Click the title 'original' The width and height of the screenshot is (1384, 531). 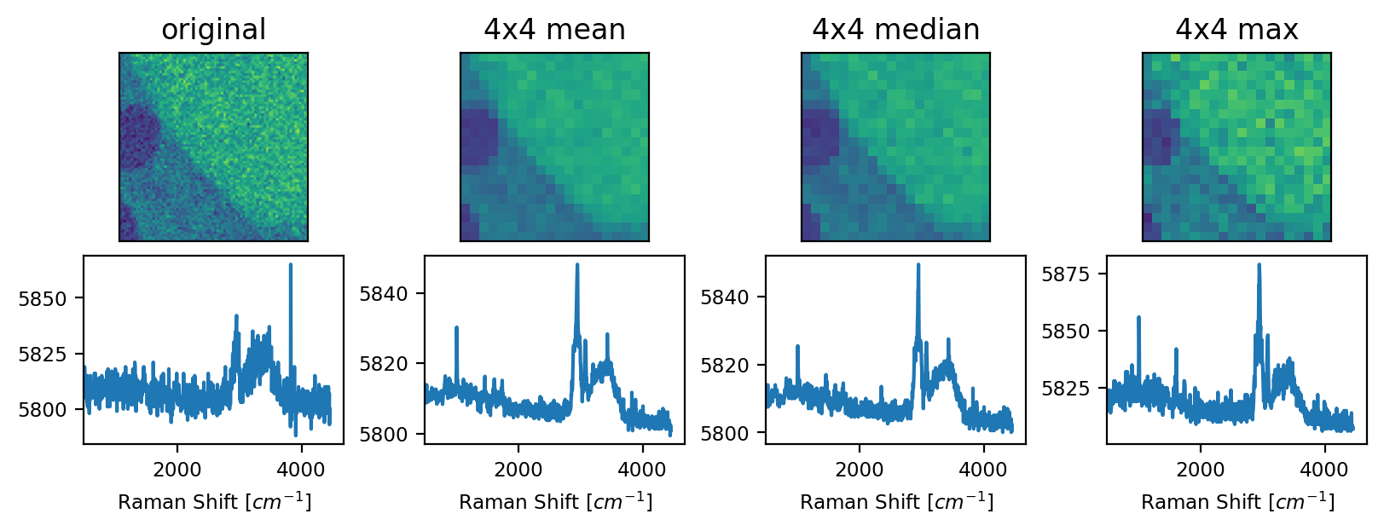pos(213,30)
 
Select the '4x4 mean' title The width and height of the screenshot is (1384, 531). pos(554,30)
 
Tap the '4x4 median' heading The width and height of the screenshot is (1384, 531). pos(895,30)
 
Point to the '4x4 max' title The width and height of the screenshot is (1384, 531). pos(1236,30)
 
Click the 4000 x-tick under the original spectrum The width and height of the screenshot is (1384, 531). pos(301,470)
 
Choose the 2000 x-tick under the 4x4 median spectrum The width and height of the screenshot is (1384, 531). pos(860,470)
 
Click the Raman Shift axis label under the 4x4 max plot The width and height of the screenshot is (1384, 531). pos(1237,501)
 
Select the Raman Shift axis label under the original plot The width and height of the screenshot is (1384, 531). pos(214,501)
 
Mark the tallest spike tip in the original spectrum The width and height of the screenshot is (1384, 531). pos(291,265)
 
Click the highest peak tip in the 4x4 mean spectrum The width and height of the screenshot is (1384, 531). pos(577,265)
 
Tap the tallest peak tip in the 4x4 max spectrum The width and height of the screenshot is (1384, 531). pos(1259,265)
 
